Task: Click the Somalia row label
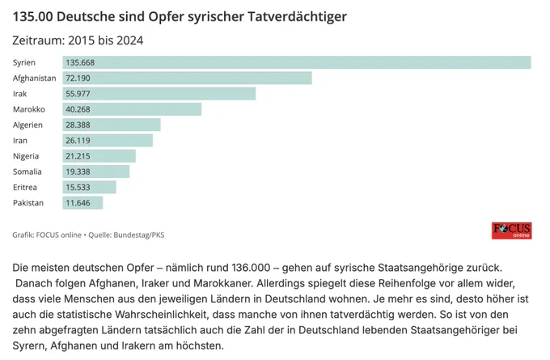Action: pyautogui.click(x=28, y=172)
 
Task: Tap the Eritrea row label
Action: pyautogui.click(x=27, y=187)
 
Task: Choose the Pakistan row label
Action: pyautogui.click(x=29, y=203)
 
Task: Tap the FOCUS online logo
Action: pyautogui.click(x=511, y=231)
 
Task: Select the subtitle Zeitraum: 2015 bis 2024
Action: pyautogui.click(x=78, y=40)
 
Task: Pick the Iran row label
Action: pyautogui.click(x=21, y=141)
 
